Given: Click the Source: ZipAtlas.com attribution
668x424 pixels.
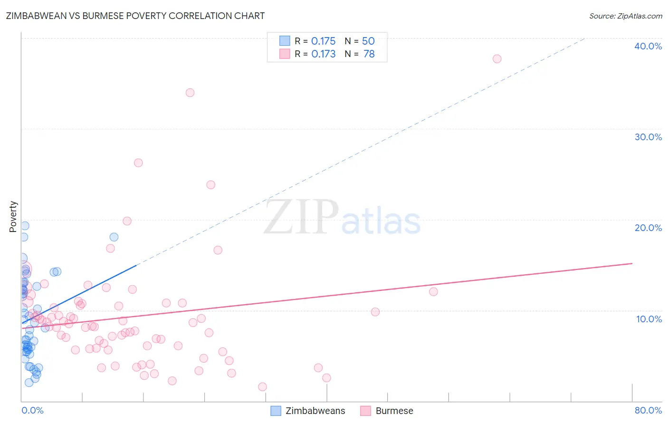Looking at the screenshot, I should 625,16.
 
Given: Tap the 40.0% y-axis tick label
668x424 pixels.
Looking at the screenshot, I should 648,46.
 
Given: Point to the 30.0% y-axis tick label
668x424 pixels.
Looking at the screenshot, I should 648,137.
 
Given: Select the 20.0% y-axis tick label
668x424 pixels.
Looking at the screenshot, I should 648,228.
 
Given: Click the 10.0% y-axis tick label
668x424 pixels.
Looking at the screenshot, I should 649,319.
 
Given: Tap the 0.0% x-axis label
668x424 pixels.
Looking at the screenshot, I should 32,410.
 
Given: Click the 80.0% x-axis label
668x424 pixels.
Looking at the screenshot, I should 648,410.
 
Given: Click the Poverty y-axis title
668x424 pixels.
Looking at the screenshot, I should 13,217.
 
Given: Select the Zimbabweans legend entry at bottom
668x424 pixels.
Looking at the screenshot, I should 315,411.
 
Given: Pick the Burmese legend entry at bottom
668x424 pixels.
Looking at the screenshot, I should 394,411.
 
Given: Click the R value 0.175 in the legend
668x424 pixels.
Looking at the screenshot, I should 323,41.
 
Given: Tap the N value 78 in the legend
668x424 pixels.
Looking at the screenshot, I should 369,54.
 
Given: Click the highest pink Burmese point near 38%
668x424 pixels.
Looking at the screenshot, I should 497,59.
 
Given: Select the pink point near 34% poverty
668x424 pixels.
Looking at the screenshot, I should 190,93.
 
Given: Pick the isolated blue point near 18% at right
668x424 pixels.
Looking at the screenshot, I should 114,237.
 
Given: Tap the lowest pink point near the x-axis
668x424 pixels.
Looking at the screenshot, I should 262,387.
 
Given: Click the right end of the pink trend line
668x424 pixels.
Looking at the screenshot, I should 632,263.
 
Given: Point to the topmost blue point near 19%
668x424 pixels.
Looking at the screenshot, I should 25,226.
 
